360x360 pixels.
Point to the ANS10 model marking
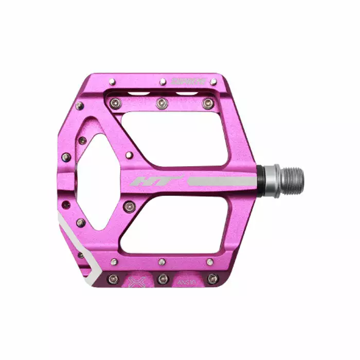click(x=186, y=282)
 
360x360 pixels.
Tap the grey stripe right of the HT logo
click(x=221, y=181)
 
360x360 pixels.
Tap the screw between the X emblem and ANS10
click(x=163, y=279)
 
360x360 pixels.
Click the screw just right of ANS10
click(x=212, y=278)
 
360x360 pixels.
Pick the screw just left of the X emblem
click(x=113, y=279)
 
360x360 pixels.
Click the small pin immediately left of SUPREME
click(x=163, y=82)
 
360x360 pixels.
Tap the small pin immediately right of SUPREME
click(x=213, y=82)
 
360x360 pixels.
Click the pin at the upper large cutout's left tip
click(x=130, y=155)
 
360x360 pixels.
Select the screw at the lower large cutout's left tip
click(x=129, y=206)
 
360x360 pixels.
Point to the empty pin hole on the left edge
click(x=66, y=205)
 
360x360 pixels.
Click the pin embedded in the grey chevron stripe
click(x=81, y=255)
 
